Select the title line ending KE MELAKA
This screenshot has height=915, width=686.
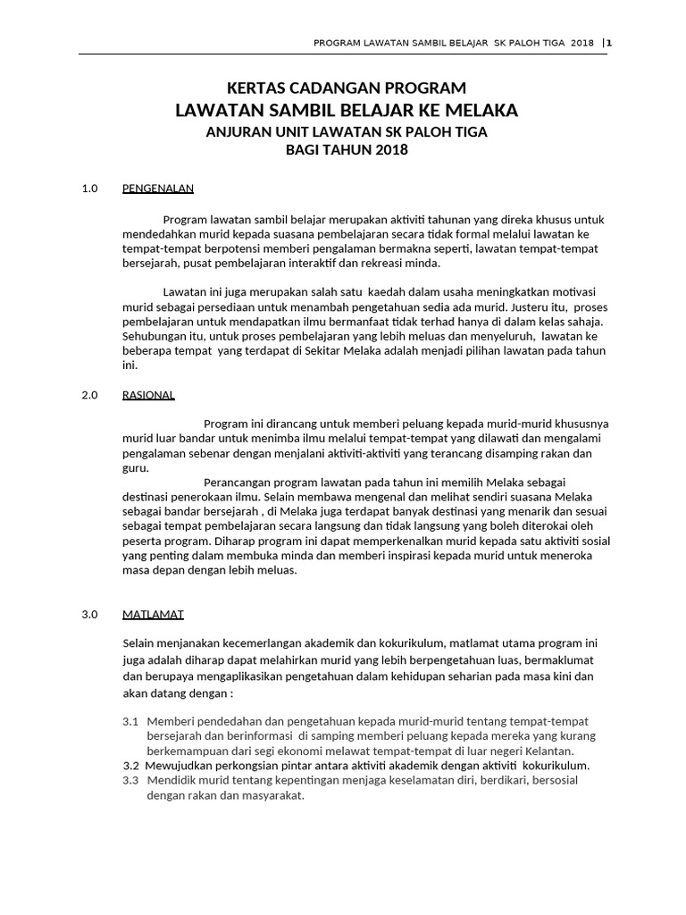click(x=346, y=110)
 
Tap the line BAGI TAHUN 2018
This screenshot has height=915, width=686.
click(x=347, y=150)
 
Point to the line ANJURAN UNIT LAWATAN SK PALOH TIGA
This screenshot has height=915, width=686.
click(x=347, y=131)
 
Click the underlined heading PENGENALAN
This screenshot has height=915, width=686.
click(x=158, y=189)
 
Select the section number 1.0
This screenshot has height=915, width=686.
click(x=88, y=189)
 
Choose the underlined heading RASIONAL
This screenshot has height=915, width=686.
click(x=148, y=394)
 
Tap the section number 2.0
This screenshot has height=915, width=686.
click(x=88, y=394)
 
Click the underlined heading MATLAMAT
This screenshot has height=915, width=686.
click(x=153, y=615)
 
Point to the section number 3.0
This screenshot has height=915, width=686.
click(x=88, y=615)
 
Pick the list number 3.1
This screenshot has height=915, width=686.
click(x=130, y=721)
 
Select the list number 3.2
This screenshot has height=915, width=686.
click(x=130, y=766)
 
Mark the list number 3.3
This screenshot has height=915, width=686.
click(x=130, y=781)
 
